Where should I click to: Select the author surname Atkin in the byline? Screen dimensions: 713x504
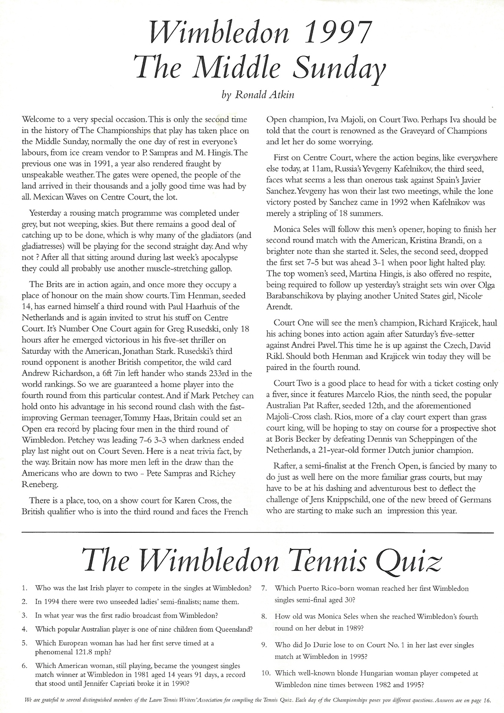coord(282,94)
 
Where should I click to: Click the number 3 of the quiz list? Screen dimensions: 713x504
coord(25,615)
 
